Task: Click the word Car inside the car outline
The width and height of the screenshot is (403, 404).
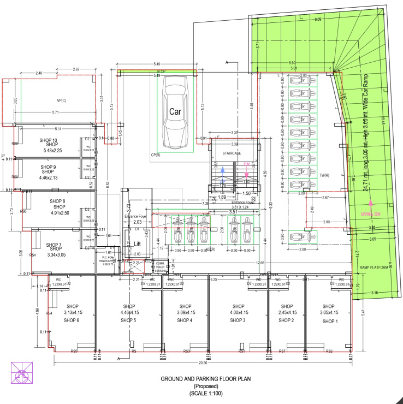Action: coord(175,111)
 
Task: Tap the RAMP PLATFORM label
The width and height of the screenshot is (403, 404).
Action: coord(374,268)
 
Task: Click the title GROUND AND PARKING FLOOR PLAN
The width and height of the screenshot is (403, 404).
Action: coord(201,378)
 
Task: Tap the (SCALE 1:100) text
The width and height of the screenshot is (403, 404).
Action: coord(202,394)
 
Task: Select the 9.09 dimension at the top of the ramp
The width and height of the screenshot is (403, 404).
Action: coord(318,20)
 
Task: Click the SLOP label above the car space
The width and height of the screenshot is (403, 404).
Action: coord(161,72)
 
